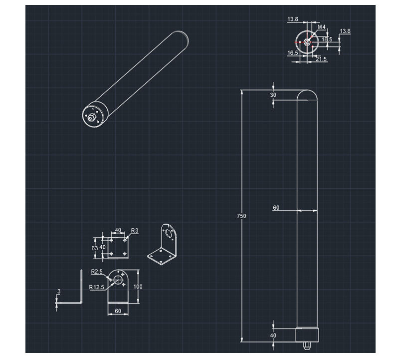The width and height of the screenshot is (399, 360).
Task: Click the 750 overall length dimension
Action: (x=241, y=216)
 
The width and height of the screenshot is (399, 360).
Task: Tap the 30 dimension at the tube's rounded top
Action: (x=273, y=95)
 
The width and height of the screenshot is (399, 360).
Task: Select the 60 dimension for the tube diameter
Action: (x=276, y=208)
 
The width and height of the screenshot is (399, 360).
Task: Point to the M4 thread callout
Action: (x=321, y=27)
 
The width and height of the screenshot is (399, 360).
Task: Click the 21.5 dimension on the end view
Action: (x=321, y=59)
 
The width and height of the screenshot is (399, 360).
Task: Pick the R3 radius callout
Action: (x=135, y=231)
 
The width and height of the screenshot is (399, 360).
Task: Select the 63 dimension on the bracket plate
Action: (x=94, y=248)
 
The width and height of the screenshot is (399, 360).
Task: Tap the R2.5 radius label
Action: (x=97, y=272)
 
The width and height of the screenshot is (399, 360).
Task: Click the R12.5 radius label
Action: (x=96, y=287)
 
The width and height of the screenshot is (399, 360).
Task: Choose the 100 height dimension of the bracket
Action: (x=138, y=287)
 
